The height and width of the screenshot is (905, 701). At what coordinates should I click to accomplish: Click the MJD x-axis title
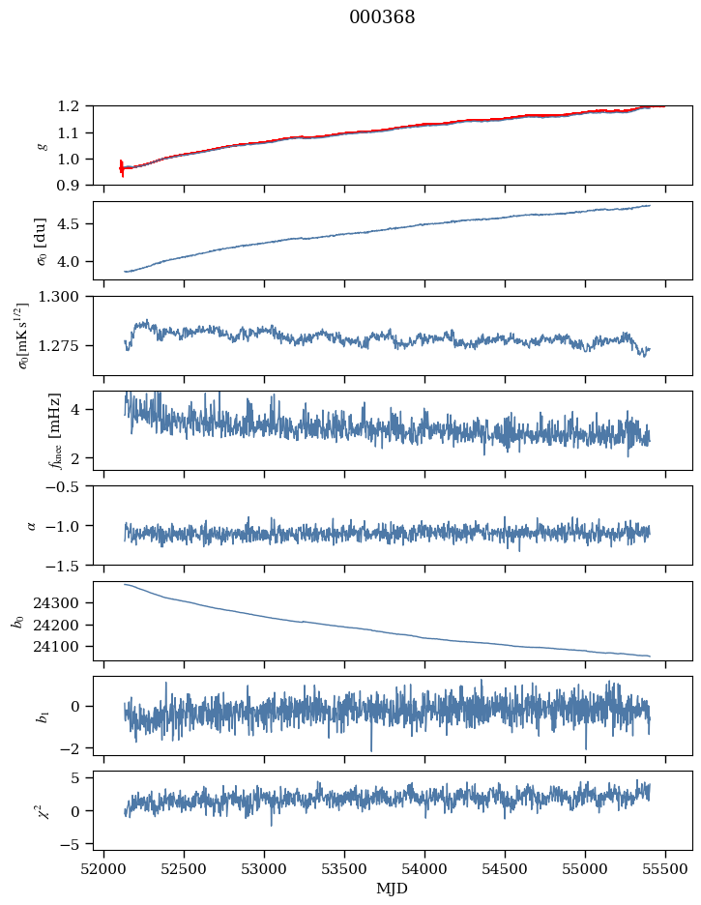click(x=393, y=889)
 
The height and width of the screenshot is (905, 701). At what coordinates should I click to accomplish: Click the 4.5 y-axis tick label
click(x=76, y=224)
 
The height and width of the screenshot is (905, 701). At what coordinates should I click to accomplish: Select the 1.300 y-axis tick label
click(x=70, y=297)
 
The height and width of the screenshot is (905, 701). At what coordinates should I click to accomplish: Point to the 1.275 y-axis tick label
click(x=70, y=345)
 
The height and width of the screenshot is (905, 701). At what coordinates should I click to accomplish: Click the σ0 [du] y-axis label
click(x=41, y=241)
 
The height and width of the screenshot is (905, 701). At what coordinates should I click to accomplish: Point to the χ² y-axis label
click(x=41, y=810)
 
